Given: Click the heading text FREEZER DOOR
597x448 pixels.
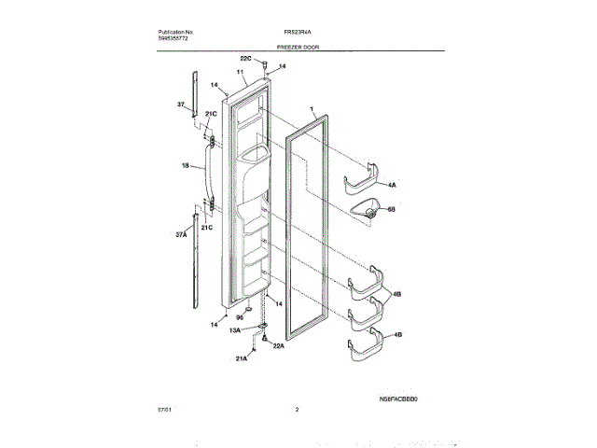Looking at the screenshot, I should (x=298, y=45).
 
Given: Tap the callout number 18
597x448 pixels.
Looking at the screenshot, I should (x=185, y=166).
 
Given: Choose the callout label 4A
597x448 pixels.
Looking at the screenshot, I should (x=392, y=186).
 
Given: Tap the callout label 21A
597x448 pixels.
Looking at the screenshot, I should (x=241, y=358).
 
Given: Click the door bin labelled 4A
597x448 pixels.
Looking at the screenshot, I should (x=364, y=181).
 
